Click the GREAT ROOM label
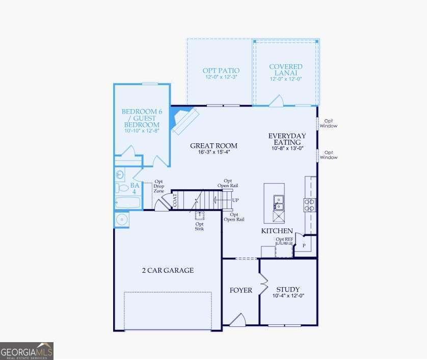[x=213, y=145]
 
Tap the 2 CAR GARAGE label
[x=168, y=270]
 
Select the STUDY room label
[x=288, y=289]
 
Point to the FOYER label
[x=241, y=290]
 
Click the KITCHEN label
[x=277, y=231]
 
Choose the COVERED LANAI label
[x=285, y=70]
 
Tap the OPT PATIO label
[x=221, y=71]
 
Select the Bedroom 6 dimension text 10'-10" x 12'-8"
[x=141, y=131]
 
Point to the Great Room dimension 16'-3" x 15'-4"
[x=213, y=152]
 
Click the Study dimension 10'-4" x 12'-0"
[x=288, y=296]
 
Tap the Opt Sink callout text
[x=199, y=226]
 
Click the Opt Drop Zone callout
[x=159, y=186]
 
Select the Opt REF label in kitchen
[x=284, y=239]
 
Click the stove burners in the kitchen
[x=309, y=204]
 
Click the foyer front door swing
[x=237, y=320]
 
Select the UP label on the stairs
[x=235, y=200]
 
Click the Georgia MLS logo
[x=26, y=351]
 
